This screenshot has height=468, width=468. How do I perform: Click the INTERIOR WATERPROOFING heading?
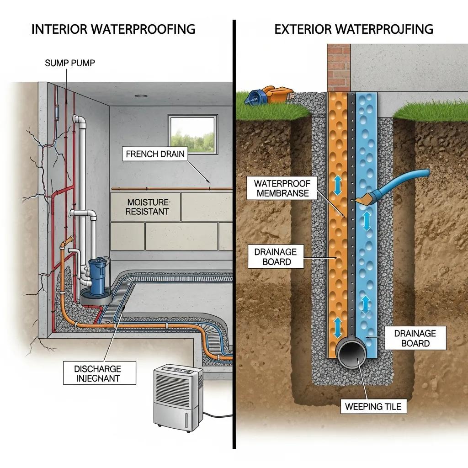(x=113, y=29)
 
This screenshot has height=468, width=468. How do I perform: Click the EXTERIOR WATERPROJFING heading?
(x=353, y=29)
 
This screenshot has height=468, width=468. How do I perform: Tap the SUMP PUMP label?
(x=70, y=63)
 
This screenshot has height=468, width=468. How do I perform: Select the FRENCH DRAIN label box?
(x=155, y=154)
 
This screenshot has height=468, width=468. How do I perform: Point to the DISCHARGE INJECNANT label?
(x=98, y=373)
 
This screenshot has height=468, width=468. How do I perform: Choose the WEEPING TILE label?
(x=374, y=406)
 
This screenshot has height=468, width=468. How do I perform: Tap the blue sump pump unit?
(x=96, y=277)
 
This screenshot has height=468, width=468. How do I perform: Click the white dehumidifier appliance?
(x=177, y=394)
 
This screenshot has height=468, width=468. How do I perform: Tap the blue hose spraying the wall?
(x=402, y=181)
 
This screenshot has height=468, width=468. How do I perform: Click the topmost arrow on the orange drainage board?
(x=338, y=186)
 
